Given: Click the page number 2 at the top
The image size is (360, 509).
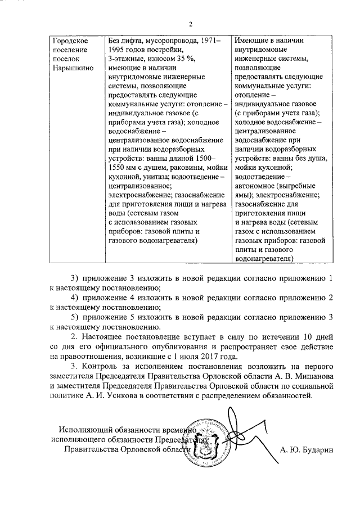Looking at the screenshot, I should [190, 24].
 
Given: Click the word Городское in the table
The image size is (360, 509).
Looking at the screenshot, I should [69, 41].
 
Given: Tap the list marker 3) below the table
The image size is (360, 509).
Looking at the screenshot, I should [74, 278].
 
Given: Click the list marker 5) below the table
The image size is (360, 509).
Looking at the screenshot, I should [74, 317].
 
